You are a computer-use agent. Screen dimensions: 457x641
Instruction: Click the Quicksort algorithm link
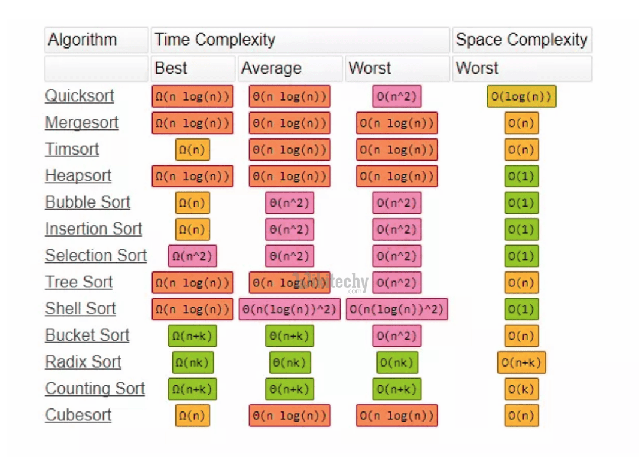pyautogui.click(x=80, y=96)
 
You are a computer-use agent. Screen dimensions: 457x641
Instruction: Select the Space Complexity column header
pyautogui.click(x=521, y=40)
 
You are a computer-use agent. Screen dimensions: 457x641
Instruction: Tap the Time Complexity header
pyautogui.click(x=215, y=40)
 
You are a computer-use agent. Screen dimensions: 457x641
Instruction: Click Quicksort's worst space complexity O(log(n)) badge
pyautogui.click(x=521, y=96)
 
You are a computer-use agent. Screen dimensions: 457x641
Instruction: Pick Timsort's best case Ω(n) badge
pyautogui.click(x=192, y=150)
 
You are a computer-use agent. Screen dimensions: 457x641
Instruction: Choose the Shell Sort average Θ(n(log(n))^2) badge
pyautogui.click(x=289, y=309)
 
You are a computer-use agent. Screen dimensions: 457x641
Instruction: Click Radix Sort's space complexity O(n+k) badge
pyautogui.click(x=521, y=362)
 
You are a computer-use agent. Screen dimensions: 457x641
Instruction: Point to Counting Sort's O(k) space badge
pyautogui.click(x=521, y=389)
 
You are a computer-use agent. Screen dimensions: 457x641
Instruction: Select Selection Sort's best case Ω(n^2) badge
pyautogui.click(x=192, y=256)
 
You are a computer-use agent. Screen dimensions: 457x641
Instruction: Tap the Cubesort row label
pyautogui.click(x=78, y=415)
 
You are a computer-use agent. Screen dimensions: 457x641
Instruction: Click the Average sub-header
pyautogui.click(x=271, y=68)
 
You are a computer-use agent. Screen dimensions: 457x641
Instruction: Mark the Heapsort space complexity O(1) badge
pyautogui.click(x=521, y=176)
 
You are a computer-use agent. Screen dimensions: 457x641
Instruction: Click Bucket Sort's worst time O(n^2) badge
pyautogui.click(x=396, y=335)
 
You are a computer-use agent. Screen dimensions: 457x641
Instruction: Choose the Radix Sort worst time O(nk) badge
pyautogui.click(x=396, y=362)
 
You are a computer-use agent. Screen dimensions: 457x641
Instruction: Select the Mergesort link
pyautogui.click(x=82, y=123)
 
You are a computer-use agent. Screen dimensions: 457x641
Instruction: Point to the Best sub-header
pyautogui.click(x=171, y=68)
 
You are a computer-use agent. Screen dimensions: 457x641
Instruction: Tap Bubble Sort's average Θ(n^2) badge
pyautogui.click(x=289, y=203)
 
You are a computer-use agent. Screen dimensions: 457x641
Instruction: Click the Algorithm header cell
pyautogui.click(x=83, y=40)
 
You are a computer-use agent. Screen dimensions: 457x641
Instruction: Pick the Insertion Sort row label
pyautogui.click(x=94, y=229)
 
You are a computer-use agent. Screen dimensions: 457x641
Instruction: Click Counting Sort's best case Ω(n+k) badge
pyautogui.click(x=192, y=389)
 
